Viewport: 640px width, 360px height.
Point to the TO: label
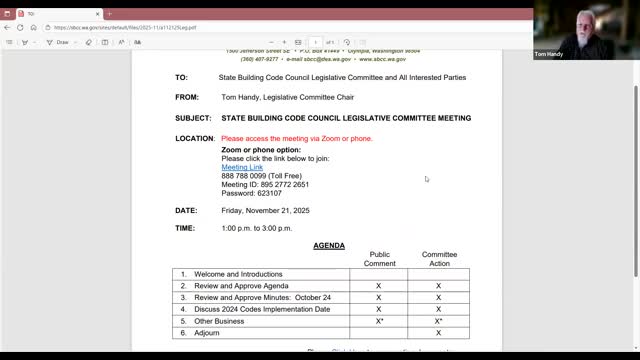coord(181,77)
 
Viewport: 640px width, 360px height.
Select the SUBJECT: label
coord(193,118)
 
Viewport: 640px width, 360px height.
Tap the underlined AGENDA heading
coord(328,246)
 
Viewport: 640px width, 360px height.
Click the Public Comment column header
coord(379,259)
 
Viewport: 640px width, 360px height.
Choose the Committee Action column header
coord(439,259)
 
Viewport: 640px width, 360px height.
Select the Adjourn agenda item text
coord(207,333)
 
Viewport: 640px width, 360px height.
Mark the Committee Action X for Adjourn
coord(439,333)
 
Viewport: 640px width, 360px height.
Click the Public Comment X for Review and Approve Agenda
coord(379,286)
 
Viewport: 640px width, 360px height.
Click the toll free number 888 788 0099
coord(244,176)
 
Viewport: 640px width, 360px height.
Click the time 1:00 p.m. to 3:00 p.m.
coord(266,229)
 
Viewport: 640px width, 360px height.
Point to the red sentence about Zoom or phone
coord(297,138)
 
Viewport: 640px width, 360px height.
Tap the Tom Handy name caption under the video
coord(550,54)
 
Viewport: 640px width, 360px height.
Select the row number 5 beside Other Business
coord(183,321)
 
